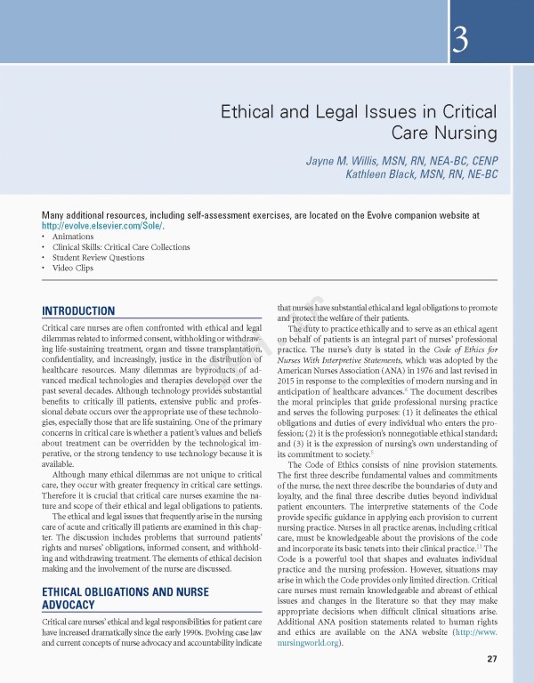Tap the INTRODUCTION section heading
(78, 310)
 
